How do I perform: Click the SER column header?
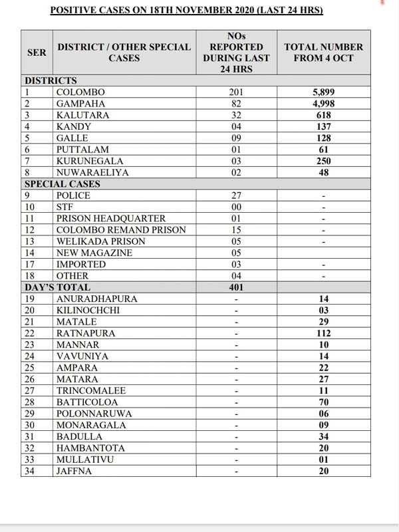37,53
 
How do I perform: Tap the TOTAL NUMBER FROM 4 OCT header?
323,53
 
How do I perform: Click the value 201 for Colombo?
237,92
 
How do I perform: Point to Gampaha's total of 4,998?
324,104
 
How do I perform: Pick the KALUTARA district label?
83,115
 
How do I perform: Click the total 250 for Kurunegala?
324,161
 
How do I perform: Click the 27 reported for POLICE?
237,196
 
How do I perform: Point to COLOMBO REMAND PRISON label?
121,230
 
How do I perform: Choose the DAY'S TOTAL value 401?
237,287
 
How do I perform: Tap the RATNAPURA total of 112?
324,333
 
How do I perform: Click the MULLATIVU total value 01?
324,459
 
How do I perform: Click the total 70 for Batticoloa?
324,402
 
